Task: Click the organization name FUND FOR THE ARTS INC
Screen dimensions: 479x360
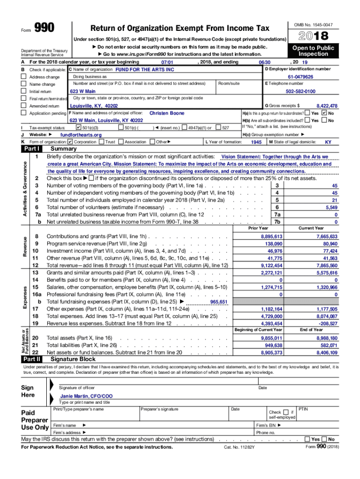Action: pos(144,69)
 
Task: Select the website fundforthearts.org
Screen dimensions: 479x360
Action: pos(81,135)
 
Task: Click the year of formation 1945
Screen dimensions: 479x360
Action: pos(256,142)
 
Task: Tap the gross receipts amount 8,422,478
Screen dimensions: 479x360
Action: pos(327,106)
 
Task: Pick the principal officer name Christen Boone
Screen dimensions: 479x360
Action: pos(167,113)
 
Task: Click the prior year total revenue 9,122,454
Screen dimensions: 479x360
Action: pos(272,265)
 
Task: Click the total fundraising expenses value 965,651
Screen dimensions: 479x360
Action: pos(219,302)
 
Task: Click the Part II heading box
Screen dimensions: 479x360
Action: pos(32,359)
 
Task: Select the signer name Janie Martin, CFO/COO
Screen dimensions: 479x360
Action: pos(86,396)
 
